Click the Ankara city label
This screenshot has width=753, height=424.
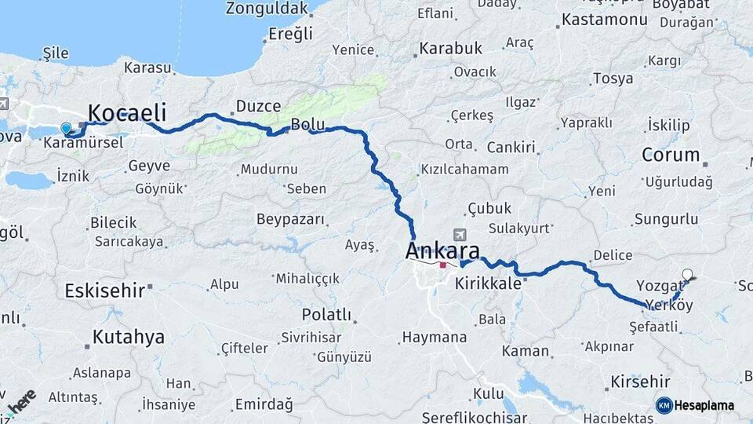coord(442,252)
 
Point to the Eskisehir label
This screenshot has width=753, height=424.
coord(104,290)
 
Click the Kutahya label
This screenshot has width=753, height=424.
coord(129,338)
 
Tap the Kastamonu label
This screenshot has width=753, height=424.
coord(603,20)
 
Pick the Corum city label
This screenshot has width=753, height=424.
coord(671,155)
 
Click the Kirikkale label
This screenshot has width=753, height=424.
coord(488,283)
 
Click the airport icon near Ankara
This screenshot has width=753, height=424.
coord(460,235)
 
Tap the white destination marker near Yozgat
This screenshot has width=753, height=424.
coord(688,275)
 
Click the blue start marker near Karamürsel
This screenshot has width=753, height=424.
coord(66,128)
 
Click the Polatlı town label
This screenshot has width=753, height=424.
coord(326,315)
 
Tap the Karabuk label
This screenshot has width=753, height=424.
coord(450,49)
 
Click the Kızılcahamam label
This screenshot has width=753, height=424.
coord(464,169)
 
